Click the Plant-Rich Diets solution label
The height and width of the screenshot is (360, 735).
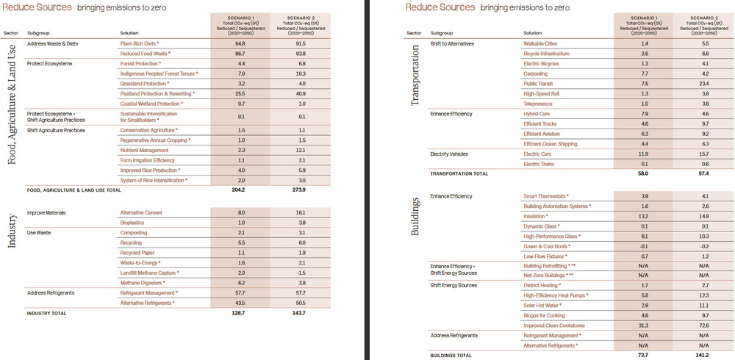tap(140, 44)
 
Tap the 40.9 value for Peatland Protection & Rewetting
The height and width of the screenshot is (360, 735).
tap(298, 94)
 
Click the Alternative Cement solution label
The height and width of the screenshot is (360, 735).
tap(142, 213)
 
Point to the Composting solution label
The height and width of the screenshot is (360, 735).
tap(133, 233)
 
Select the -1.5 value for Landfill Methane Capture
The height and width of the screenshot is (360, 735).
tap(298, 273)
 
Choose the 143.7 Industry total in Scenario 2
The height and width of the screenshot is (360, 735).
tap(298, 313)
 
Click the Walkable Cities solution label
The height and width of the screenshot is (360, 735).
tap(539, 44)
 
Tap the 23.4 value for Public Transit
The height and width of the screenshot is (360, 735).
tap(703, 84)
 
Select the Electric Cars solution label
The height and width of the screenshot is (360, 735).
tap(537, 154)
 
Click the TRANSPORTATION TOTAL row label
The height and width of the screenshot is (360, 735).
tap(459, 174)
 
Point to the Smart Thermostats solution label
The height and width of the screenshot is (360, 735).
tap(545, 196)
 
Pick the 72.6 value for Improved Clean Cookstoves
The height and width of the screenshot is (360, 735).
tap(703, 325)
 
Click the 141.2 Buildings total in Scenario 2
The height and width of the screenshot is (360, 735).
tap(703, 356)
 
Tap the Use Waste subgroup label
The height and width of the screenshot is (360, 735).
tap(38, 233)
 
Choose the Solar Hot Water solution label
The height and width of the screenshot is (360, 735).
tap(543, 305)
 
